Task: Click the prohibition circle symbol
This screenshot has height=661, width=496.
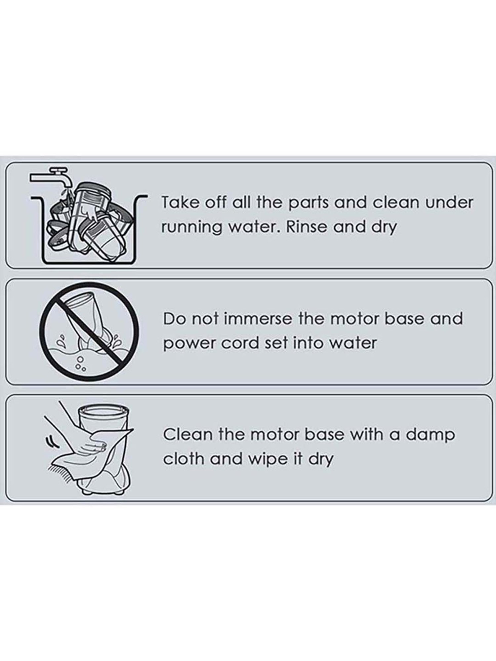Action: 89,331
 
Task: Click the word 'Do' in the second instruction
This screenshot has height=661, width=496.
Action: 174,319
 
